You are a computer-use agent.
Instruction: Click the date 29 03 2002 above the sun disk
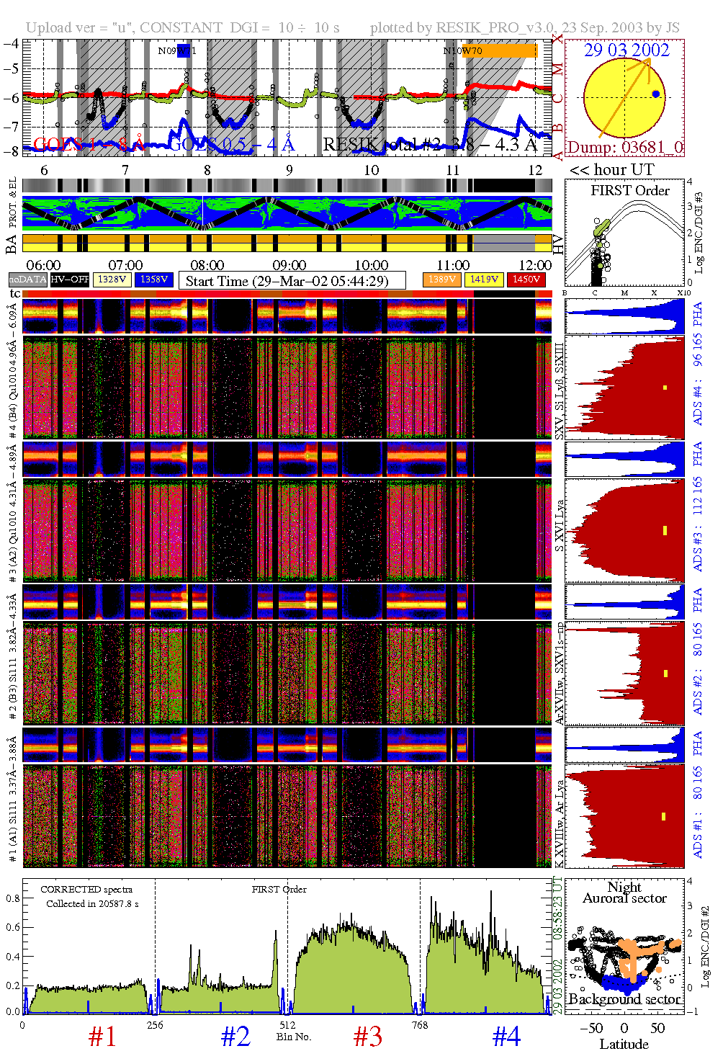click(626, 50)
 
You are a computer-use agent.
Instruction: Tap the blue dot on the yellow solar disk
click(655, 94)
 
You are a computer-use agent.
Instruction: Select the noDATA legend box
click(28, 279)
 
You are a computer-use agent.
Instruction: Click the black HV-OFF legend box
click(69, 279)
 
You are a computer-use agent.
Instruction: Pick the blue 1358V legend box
click(154, 279)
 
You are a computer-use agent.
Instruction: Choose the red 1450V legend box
click(526, 279)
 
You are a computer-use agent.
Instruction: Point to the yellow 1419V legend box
click(484, 279)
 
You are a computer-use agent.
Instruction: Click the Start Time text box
click(292, 280)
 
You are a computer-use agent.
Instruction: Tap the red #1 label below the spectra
click(102, 1037)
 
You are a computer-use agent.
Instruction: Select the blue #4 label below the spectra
click(506, 1037)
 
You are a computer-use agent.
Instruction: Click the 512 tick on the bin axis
click(287, 1025)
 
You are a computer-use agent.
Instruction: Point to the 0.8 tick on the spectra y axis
click(13, 898)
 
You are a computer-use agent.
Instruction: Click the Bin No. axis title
click(294, 1037)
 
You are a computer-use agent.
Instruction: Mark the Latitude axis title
click(624, 1044)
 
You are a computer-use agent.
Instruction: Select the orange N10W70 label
click(463, 50)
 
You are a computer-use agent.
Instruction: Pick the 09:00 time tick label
click(289, 265)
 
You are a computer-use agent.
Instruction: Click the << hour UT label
click(611, 170)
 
